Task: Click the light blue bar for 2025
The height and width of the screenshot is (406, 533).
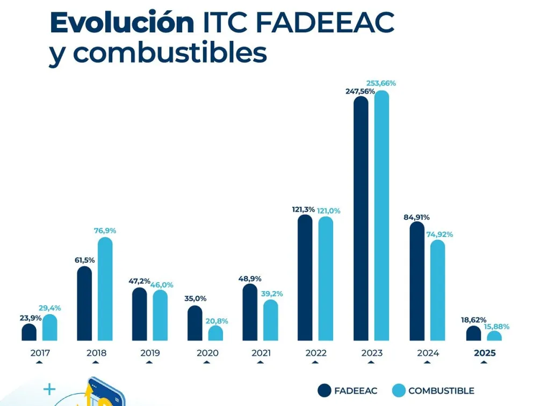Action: point(494,336)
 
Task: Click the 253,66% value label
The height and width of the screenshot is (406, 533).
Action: point(381,83)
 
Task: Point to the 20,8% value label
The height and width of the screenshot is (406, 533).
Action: point(217,321)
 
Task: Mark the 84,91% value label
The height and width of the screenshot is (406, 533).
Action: point(416,218)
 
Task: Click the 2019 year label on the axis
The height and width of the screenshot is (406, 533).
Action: point(150,353)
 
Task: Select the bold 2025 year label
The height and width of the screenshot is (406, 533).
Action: point(485,353)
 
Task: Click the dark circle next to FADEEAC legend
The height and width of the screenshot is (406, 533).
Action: point(325,390)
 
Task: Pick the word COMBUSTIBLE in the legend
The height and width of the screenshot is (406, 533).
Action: point(441,390)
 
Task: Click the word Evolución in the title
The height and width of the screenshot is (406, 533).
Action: point(122,23)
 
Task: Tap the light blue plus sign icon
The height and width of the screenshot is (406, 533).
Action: point(49,389)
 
